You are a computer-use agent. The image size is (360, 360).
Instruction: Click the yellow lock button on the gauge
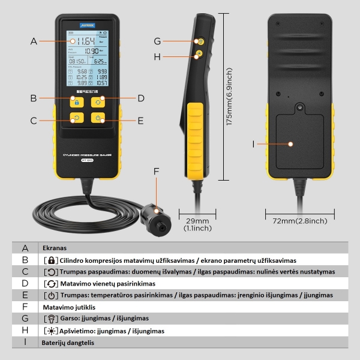[x=76, y=101]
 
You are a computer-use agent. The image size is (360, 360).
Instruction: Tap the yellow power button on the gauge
[x=98, y=118]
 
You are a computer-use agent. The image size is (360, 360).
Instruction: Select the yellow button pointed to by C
[x=76, y=118]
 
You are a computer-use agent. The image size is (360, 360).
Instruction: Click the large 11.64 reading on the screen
[x=81, y=41]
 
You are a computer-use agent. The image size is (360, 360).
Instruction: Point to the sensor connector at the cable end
[x=157, y=220]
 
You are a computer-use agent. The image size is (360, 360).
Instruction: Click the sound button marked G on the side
[x=200, y=41]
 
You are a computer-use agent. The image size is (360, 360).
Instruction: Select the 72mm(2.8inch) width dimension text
[x=300, y=221]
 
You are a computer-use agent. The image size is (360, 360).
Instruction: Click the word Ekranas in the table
[x=55, y=248]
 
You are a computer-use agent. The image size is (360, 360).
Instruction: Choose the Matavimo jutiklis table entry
[x=70, y=307]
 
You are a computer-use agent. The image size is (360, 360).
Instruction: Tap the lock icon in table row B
[x=51, y=260]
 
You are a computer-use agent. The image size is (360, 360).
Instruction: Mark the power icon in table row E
[x=51, y=295]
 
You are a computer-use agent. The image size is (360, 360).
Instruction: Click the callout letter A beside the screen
[x=34, y=41]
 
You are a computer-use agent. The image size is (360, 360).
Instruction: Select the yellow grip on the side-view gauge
[x=195, y=137]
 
